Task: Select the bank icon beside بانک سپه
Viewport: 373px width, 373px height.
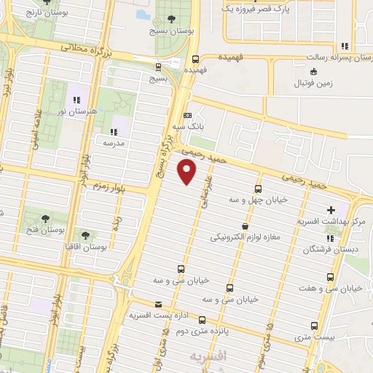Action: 188,115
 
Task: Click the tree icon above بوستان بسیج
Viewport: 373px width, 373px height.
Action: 171,19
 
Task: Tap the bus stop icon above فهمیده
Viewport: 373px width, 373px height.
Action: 195,59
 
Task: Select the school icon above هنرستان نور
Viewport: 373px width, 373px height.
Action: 76,100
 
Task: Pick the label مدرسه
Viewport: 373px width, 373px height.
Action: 113,144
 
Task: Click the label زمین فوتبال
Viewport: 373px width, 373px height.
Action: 313,84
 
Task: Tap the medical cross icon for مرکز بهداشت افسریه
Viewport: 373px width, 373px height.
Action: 331,208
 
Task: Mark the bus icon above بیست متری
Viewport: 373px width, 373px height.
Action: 315,326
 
